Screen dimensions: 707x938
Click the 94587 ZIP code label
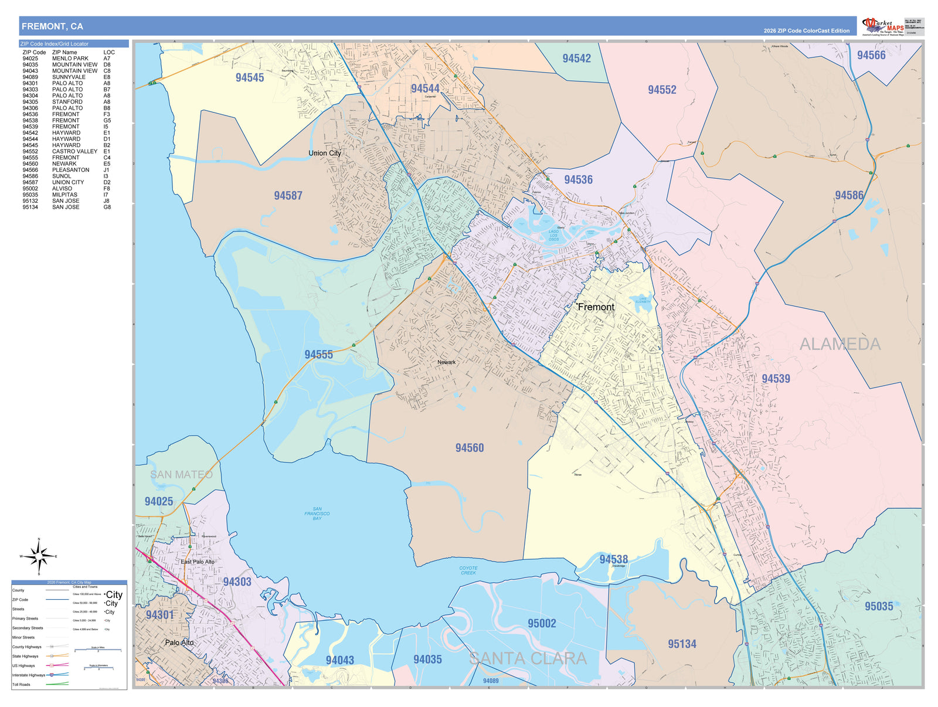288,196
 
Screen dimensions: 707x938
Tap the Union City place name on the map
325,153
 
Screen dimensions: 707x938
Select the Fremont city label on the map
596,307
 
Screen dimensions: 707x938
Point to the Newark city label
446,362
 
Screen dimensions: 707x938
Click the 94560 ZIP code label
470,448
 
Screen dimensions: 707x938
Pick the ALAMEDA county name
840,344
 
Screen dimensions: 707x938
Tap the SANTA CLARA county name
528,658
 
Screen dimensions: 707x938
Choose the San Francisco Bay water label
317,514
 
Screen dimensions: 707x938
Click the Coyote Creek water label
468,570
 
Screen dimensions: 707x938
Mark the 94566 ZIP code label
871,55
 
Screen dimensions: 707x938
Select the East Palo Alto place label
198,562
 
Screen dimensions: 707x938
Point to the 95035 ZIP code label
878,606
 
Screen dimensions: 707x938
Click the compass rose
39,556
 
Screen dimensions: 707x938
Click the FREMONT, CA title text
52,26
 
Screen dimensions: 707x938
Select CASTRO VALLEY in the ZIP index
74,151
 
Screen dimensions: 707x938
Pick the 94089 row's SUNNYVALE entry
69,77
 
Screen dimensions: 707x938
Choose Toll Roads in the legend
21,684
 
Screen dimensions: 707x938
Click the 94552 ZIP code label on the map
662,90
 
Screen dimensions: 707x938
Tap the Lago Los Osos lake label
553,235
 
